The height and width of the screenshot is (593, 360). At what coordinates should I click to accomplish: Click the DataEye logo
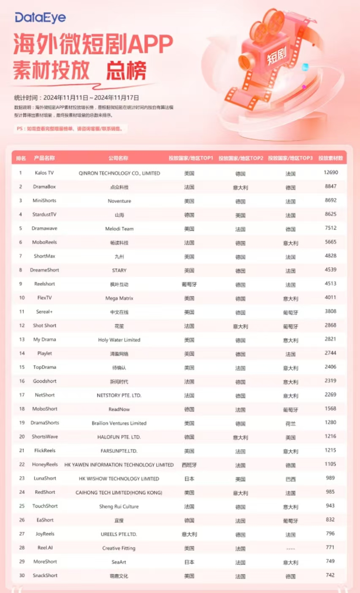click(41, 18)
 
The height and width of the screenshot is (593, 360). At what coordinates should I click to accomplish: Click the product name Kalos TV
click(44, 173)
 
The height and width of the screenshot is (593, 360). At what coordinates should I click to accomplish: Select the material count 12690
click(330, 173)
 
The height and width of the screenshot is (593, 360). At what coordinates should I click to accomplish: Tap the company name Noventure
click(119, 201)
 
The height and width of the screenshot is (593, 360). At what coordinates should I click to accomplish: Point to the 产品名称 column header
click(44, 158)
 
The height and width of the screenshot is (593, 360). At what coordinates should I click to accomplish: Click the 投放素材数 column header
click(330, 158)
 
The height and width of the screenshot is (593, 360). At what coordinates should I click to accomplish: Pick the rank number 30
click(20, 576)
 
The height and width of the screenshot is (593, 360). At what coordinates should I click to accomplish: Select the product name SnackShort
click(45, 576)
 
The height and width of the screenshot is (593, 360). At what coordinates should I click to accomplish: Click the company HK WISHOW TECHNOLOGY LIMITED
click(119, 479)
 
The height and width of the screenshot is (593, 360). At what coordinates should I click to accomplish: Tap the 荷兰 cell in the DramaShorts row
click(290, 424)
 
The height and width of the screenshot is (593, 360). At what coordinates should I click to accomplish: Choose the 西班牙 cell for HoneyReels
click(189, 465)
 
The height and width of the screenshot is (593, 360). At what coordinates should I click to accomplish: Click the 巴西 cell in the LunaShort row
click(290, 479)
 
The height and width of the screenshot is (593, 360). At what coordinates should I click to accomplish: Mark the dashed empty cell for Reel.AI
click(290, 549)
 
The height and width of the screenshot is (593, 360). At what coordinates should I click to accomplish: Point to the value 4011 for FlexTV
click(330, 298)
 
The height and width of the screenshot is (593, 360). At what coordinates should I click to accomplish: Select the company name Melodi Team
click(119, 229)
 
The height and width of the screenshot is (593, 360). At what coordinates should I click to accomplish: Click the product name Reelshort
click(45, 284)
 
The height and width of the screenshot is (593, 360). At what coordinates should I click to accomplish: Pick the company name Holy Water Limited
click(119, 340)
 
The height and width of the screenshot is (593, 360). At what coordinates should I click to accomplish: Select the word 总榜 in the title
click(126, 71)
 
